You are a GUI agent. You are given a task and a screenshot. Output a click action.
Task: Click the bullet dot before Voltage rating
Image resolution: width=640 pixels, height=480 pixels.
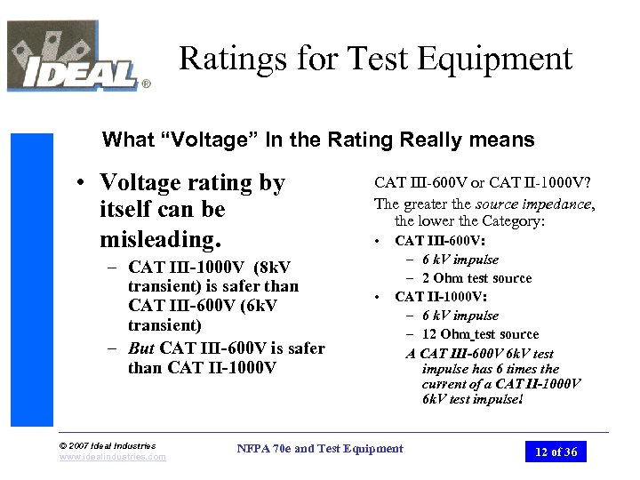tap(81, 183)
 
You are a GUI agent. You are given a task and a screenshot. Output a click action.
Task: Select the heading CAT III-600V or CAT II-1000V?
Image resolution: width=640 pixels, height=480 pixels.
tap(483, 183)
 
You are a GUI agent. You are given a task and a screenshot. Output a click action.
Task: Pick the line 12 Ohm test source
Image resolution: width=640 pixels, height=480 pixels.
tap(479, 334)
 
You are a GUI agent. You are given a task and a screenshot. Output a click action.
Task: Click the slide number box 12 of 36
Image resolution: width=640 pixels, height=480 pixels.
tap(556, 452)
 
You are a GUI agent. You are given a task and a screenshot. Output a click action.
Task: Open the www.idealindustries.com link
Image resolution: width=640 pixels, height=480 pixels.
tap(112, 457)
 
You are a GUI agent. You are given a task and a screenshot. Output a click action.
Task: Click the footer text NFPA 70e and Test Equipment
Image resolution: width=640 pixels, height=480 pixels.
tap(320, 449)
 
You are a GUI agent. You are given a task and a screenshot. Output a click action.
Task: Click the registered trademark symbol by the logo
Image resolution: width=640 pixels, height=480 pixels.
tap(146, 85)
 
